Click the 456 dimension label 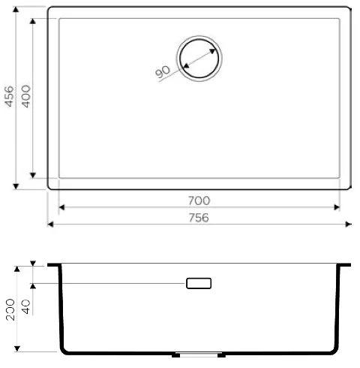(10, 96)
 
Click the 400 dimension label (26, 96)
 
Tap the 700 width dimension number (199, 201)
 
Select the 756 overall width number (199, 218)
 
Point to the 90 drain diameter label (163, 71)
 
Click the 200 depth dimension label (10, 309)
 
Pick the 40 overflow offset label (26, 307)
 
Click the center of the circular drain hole (199, 59)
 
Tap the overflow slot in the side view (199, 283)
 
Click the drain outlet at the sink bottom (199, 354)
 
